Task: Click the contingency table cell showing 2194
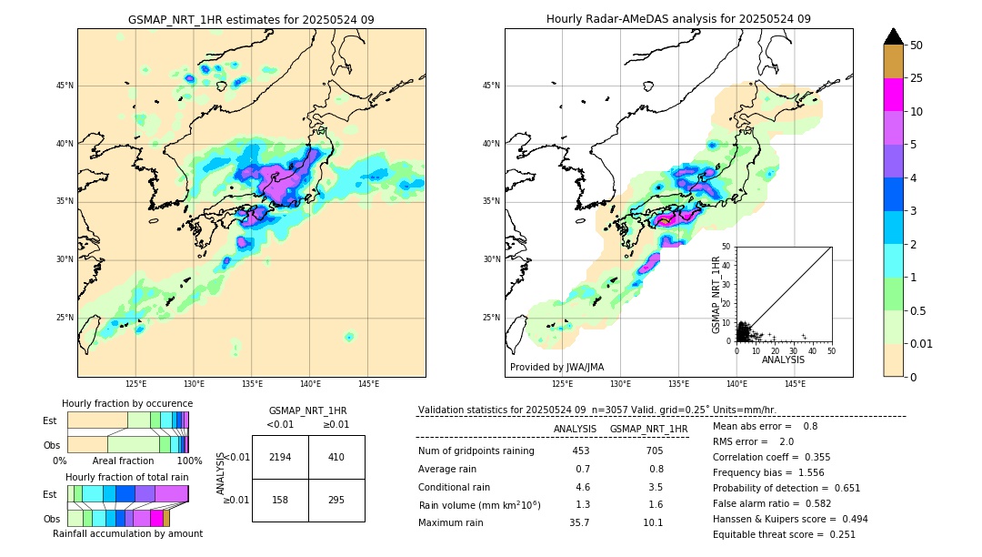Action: click(x=280, y=457)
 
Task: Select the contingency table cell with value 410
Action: click(x=336, y=457)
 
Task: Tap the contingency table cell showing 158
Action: click(x=280, y=500)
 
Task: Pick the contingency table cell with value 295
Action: click(x=336, y=500)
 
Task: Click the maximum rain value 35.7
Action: click(x=579, y=522)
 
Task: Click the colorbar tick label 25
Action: click(x=917, y=78)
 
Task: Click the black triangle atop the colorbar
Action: click(x=894, y=36)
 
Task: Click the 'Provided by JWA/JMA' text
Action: click(x=556, y=368)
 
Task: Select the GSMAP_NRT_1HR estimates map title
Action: click(x=251, y=19)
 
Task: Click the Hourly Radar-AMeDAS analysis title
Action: click(x=678, y=19)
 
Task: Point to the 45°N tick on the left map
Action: click(x=65, y=86)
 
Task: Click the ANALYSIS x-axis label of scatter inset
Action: click(x=783, y=360)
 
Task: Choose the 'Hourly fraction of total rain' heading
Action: click(x=127, y=477)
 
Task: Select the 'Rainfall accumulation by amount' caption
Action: click(x=127, y=533)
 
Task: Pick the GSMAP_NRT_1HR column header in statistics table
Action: click(x=648, y=429)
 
